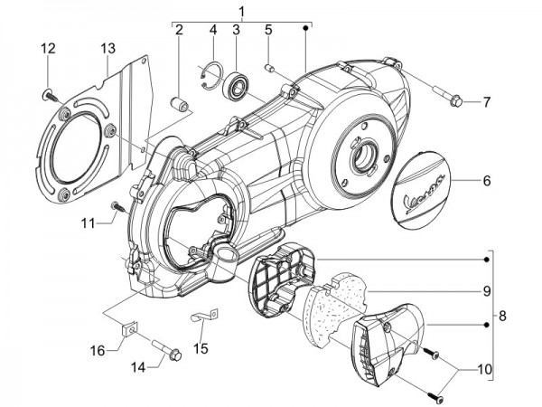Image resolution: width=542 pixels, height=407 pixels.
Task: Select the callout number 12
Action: coord(47,48)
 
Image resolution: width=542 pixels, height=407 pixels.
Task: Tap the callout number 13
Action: coord(107,48)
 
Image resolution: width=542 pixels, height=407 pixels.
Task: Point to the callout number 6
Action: coord(486,181)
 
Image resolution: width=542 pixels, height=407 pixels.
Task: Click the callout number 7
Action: coord(486,102)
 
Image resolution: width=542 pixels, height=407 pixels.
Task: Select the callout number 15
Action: coord(201,347)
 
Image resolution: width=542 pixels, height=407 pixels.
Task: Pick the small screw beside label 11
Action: coord(117,205)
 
